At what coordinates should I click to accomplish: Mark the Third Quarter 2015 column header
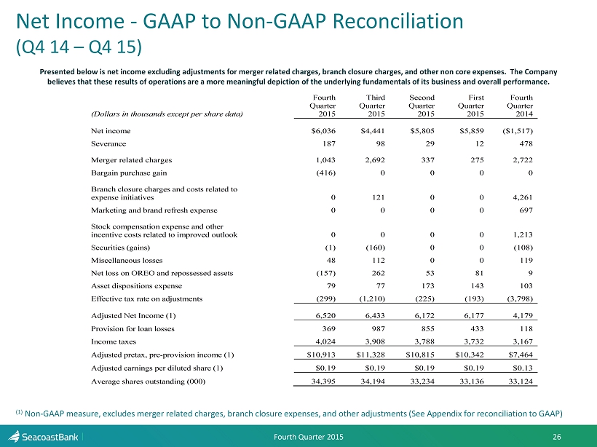pyautogui.click(x=372, y=106)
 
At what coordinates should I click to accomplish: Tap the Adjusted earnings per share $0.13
pyautogui.click(x=521, y=368)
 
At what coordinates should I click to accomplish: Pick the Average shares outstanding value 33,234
pyautogui.click(x=422, y=381)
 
